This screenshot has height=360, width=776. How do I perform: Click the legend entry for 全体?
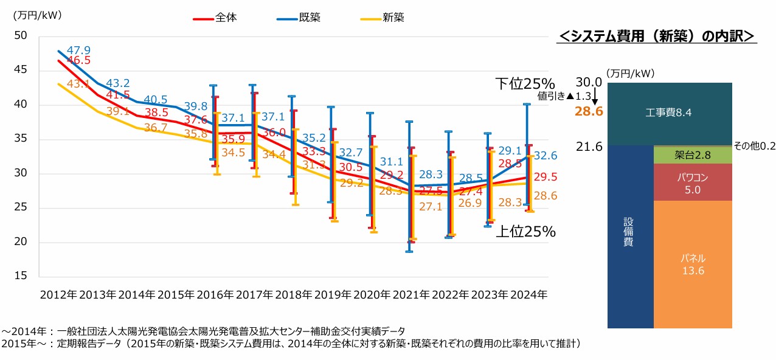pos(215,18)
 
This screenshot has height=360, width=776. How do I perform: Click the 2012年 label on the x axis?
pos(58,294)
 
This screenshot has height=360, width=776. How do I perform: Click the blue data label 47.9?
pos(78,50)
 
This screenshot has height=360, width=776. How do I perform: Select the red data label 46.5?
pos(78,60)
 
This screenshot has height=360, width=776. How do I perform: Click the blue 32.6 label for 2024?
pos(545,156)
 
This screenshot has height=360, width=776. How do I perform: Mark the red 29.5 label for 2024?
pos(545,177)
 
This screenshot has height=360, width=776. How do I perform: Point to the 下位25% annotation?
pos(524,84)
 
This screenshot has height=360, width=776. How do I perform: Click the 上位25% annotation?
pos(525,232)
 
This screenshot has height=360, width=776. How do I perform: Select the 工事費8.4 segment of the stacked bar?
pos(670,113)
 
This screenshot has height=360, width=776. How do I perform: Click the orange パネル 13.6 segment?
pos(693,265)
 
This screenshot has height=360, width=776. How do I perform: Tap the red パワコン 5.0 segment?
pos(693,182)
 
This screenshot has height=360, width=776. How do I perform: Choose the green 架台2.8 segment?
pos(693,156)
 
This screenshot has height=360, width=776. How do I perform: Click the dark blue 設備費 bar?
pos(631,234)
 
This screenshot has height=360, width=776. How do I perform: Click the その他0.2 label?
pos(754,147)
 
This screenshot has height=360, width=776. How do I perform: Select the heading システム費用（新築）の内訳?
pos(656,36)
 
